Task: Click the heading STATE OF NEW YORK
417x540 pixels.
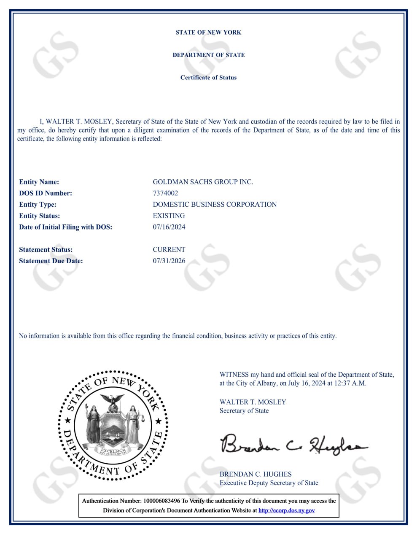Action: coord(208,32)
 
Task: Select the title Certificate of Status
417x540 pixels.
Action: coord(208,78)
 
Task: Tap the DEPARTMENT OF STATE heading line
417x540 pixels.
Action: coord(208,55)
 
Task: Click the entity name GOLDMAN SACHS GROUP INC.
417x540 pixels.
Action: coord(203,182)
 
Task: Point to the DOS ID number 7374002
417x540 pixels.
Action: coord(165,193)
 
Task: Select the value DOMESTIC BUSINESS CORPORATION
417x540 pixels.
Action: coord(215,205)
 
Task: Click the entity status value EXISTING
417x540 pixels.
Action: coord(169,216)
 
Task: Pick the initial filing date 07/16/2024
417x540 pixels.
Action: coord(169,227)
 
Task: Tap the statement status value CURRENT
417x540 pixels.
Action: coord(169,250)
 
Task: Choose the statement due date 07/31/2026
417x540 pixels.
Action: coord(169,261)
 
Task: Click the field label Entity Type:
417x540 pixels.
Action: coord(38,205)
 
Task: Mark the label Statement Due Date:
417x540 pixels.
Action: coord(51,261)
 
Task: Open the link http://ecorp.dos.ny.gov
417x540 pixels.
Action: coord(286,510)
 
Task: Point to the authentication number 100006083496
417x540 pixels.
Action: coord(161,501)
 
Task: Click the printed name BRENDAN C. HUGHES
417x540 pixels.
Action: coord(256,474)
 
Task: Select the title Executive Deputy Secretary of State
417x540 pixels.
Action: coord(269,483)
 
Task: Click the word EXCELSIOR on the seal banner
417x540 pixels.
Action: coord(113,451)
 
